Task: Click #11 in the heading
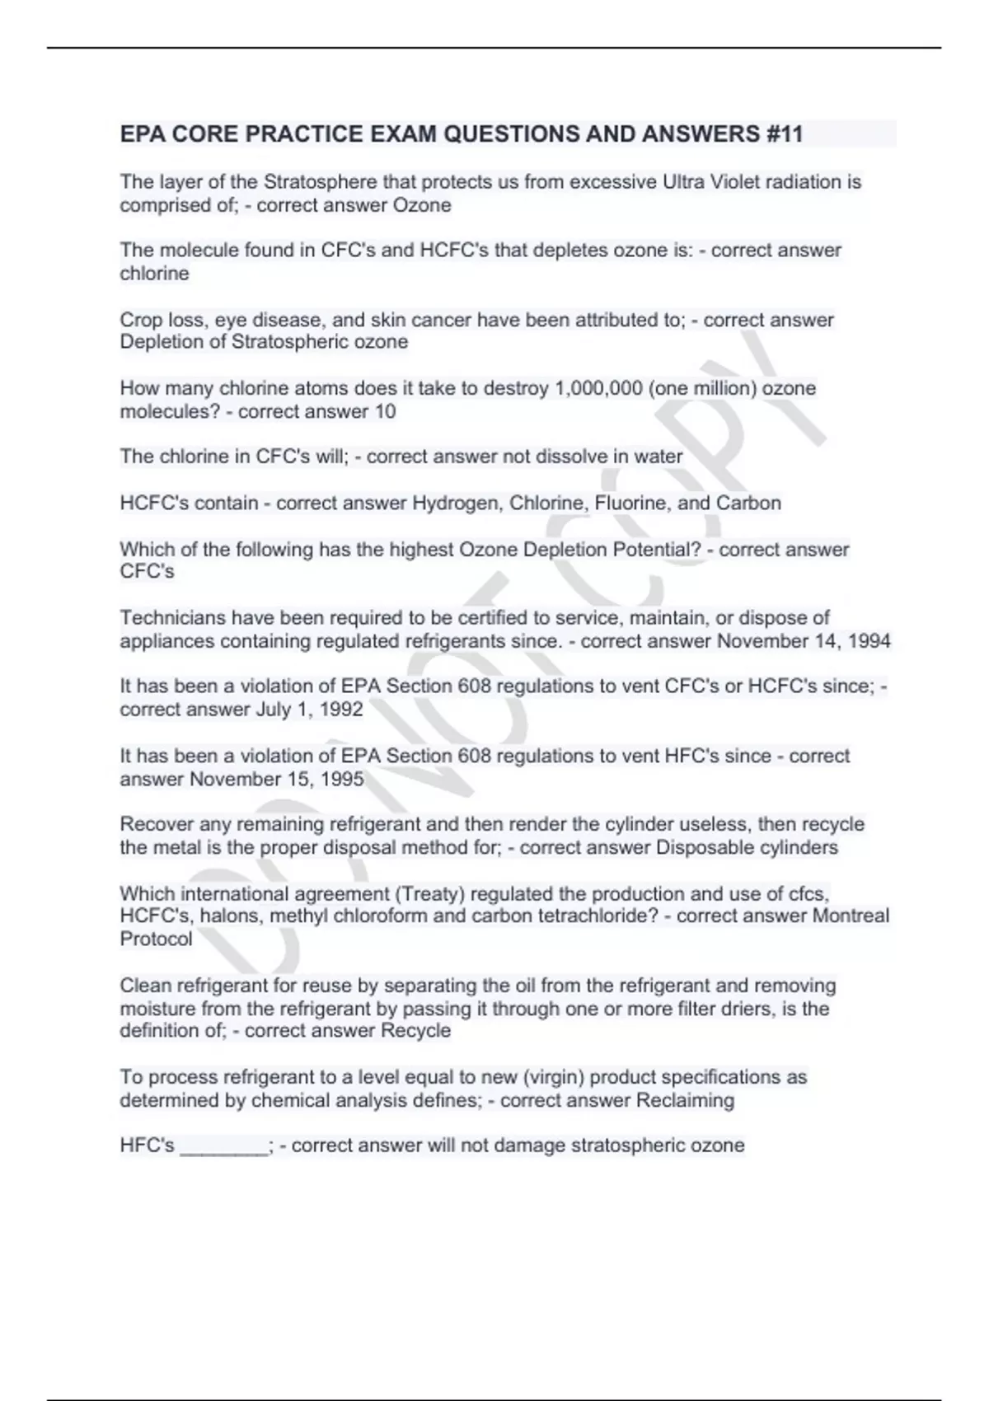[784, 134]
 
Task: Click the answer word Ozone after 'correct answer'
[421, 205]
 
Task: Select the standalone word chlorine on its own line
[154, 274]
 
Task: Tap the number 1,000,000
[599, 388]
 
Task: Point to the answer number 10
[385, 411]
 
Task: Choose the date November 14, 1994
[804, 641]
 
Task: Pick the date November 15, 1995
[277, 779]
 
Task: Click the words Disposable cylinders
[747, 847]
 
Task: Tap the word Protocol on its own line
[156, 939]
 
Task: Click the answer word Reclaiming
[685, 1100]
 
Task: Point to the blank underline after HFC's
[223, 1146]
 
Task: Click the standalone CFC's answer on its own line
[147, 572]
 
